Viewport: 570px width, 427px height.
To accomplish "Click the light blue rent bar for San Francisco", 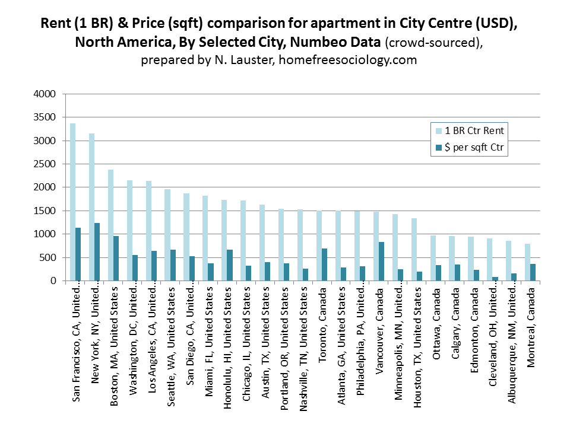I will click(x=72, y=202).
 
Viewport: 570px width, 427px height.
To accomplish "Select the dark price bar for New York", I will click(x=97, y=252).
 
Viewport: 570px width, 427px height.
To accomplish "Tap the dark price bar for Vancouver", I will click(x=382, y=262).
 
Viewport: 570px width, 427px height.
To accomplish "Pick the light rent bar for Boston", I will click(x=110, y=225).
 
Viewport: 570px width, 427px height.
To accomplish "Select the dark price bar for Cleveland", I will click(x=495, y=279).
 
